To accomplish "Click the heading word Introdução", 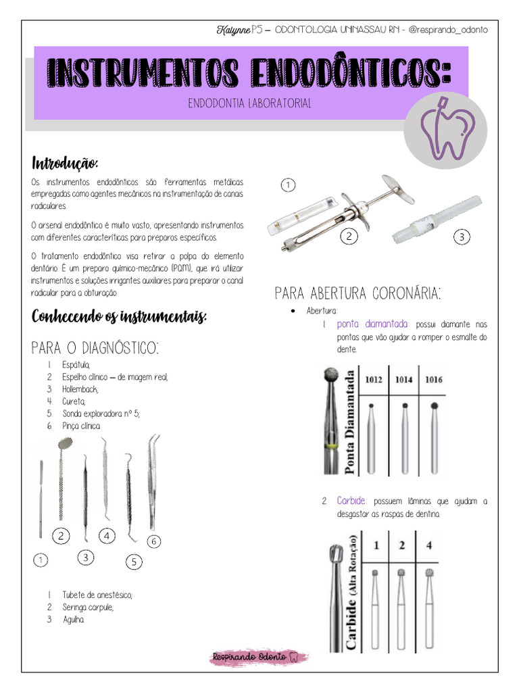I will point(66,164).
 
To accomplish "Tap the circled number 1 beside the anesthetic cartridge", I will point(288,184).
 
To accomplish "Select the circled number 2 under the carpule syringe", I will point(348,237).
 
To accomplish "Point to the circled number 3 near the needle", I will point(462,237).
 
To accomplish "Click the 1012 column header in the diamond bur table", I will point(374,380).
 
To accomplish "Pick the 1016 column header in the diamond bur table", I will point(433,380).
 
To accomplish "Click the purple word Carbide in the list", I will point(351,501).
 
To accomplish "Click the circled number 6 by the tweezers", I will point(153,541).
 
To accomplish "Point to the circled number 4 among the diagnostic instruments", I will point(107,536).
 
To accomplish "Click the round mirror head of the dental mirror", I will point(66,443).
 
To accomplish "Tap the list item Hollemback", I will point(80,389).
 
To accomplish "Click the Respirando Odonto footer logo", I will point(259,656).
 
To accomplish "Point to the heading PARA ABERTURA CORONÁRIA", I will point(357,293).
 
